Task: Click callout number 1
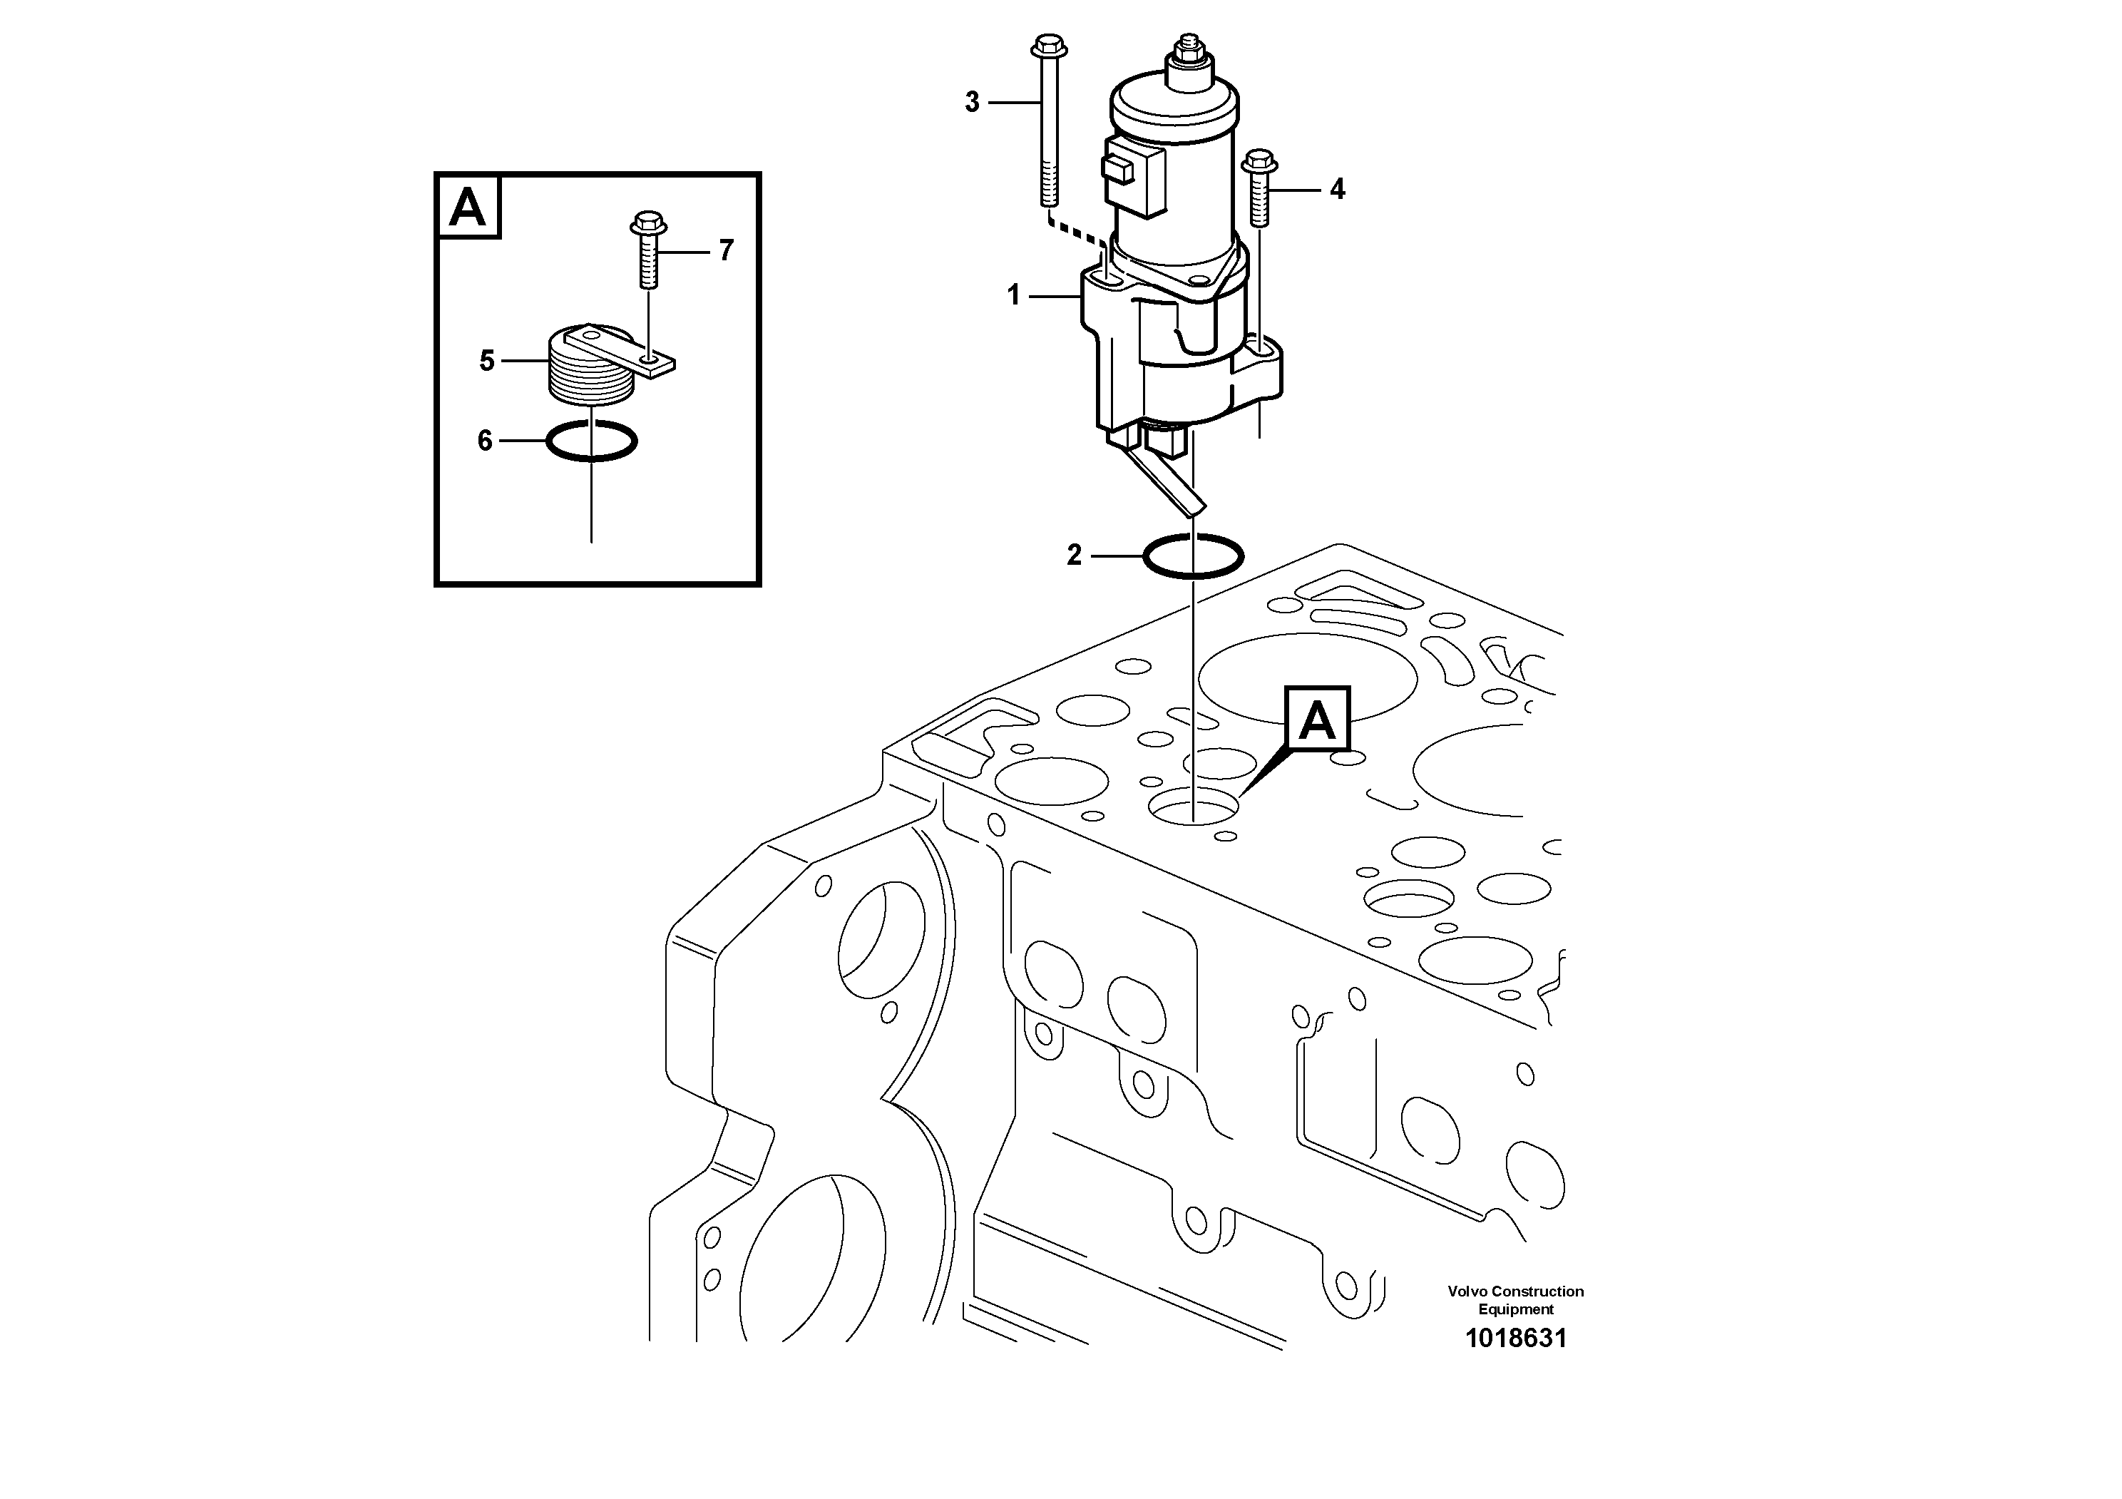(1014, 296)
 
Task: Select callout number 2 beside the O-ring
(1074, 556)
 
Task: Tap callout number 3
(971, 102)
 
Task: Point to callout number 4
(1338, 190)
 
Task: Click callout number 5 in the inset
(487, 360)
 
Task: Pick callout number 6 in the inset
(485, 441)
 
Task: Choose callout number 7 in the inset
(727, 250)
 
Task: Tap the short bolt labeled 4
(1258, 190)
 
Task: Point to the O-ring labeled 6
(592, 441)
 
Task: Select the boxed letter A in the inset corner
(468, 207)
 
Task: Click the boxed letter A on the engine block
(1317, 719)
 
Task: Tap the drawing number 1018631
(1516, 1339)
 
